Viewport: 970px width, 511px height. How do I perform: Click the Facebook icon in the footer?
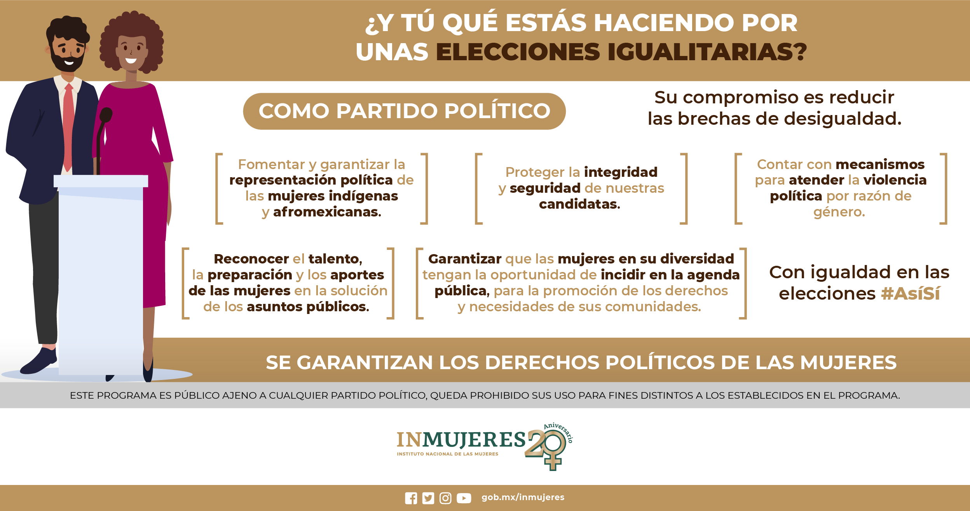pyautogui.click(x=411, y=498)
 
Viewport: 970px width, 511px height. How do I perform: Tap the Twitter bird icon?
pyautogui.click(x=428, y=498)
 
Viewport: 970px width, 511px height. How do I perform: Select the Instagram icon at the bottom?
pyautogui.click(x=445, y=498)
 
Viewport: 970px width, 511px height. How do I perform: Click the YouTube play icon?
pyautogui.click(x=464, y=498)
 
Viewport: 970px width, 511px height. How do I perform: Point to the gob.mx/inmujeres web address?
pyautogui.click(x=523, y=497)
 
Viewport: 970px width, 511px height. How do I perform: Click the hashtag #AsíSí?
pyautogui.click(x=911, y=293)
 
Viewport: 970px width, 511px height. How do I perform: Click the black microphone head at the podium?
pyautogui.click(x=106, y=115)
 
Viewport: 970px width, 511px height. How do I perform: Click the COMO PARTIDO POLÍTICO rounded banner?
pyautogui.click(x=404, y=111)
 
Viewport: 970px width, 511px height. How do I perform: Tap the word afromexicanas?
pyautogui.click(x=327, y=212)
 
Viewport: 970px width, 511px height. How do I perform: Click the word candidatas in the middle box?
pyautogui.click(x=579, y=204)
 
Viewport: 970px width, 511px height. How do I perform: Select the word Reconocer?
pyautogui.click(x=251, y=259)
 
